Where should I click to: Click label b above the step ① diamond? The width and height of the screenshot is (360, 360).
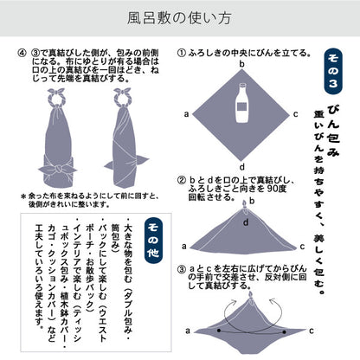[x=242, y=63]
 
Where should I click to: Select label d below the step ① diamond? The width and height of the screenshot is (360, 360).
[x=242, y=167]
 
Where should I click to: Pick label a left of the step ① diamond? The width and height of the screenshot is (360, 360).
[x=186, y=112]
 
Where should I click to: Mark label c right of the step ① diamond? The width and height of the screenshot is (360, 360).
[x=298, y=112]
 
